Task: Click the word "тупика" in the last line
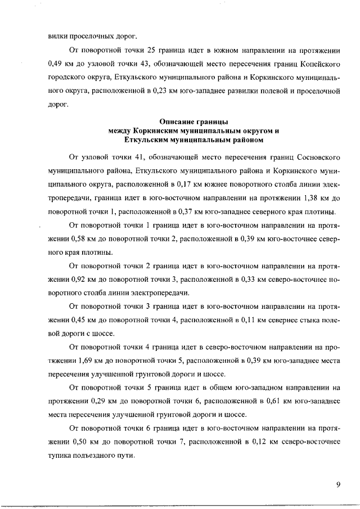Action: (x=60, y=454)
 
